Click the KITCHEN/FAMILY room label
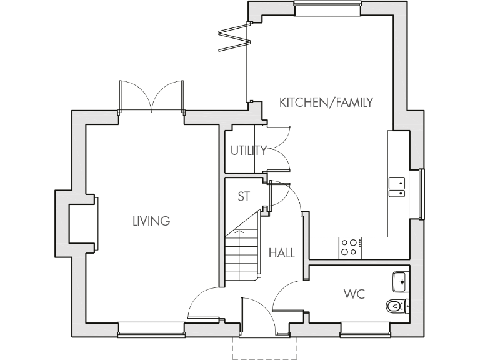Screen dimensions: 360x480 (x=326, y=102)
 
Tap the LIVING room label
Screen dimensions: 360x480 (x=151, y=221)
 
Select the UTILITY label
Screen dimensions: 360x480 (x=248, y=150)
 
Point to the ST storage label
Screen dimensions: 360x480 (x=244, y=196)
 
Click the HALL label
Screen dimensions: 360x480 (x=281, y=253)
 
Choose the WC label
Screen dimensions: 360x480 (x=353, y=293)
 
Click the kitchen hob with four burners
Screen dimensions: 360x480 (x=349, y=247)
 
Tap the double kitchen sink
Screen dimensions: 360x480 (x=396, y=187)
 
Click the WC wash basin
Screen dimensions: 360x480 (x=401, y=282)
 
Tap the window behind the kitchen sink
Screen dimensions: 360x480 (x=416, y=194)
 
